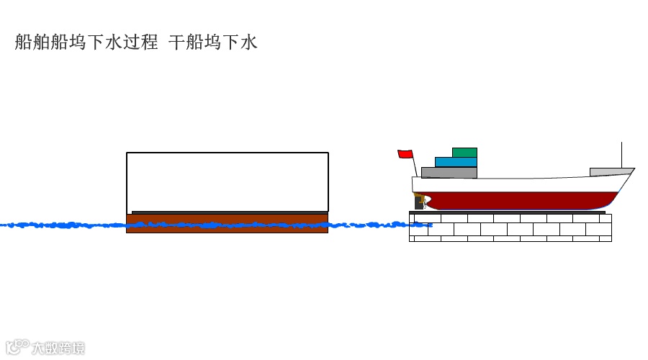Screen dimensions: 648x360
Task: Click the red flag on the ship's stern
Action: click(x=405, y=153)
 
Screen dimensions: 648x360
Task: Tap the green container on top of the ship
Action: click(x=464, y=152)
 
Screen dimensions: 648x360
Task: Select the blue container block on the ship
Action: click(x=456, y=162)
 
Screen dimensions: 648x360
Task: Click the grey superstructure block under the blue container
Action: click(x=449, y=173)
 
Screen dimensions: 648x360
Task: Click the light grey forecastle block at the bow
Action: click(x=609, y=172)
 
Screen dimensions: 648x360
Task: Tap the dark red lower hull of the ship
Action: click(x=518, y=201)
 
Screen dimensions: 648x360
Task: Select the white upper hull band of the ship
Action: click(x=518, y=184)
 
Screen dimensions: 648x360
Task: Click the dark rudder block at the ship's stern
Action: click(x=418, y=202)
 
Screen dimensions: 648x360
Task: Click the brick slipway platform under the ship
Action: click(x=510, y=228)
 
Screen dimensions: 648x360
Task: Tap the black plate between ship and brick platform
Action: click(x=510, y=212)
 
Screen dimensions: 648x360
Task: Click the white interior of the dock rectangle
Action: click(x=227, y=181)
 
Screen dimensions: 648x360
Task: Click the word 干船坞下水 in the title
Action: click(x=212, y=42)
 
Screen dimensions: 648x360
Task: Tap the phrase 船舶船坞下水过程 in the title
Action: click(x=86, y=42)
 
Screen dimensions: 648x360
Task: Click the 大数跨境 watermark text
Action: click(x=58, y=348)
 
